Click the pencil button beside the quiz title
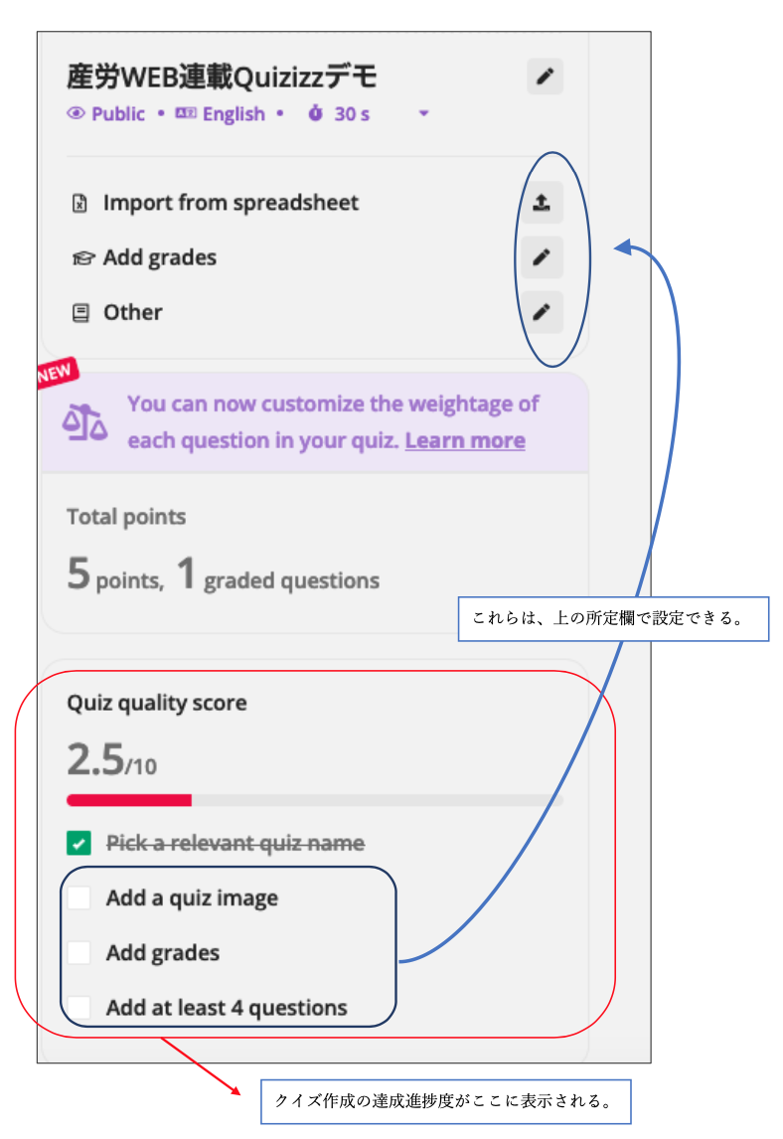[545, 77]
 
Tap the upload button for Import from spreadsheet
[542, 203]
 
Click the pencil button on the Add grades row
[542, 257]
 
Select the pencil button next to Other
[542, 312]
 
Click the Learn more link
[465, 440]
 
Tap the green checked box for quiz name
[79, 844]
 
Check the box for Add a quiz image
[79, 898]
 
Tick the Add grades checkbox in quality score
[79, 953]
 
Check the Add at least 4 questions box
[79, 1007]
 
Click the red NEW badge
[57, 375]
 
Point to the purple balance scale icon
[85, 422]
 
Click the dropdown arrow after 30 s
[424, 114]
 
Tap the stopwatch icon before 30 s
[316, 113]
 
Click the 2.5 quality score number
[94, 760]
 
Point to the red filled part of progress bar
[129, 799]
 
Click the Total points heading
[126, 517]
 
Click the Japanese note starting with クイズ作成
[446, 1101]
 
